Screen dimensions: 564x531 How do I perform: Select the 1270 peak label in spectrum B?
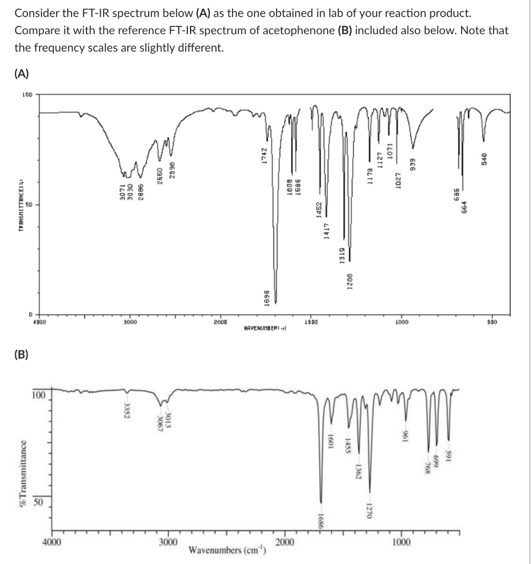[371, 512]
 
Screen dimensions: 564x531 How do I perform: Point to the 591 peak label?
[450, 457]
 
